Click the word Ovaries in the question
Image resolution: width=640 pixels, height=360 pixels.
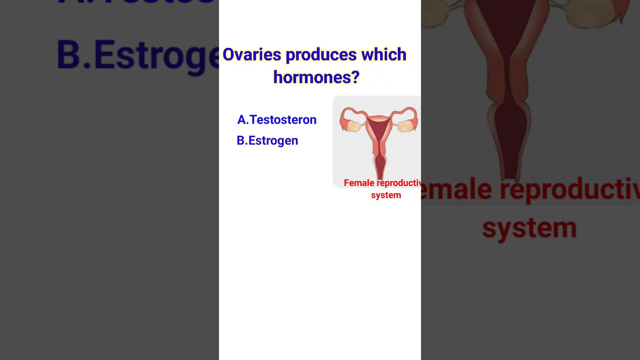[251, 54]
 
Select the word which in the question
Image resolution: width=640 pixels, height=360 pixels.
[384, 54]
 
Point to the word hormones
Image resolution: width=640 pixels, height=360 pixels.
[311, 77]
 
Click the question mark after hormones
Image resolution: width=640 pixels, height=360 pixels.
[355, 77]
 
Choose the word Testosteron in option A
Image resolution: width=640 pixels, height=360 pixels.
[283, 120]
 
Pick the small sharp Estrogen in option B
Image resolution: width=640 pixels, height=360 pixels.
[273, 140]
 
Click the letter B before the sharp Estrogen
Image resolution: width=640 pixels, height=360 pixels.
[241, 140]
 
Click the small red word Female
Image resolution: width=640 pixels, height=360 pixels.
[359, 183]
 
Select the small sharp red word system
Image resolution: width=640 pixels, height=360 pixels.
[386, 195]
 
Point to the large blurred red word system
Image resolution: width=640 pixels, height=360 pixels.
[529, 227]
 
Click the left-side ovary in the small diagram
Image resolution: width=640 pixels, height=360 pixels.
[353, 126]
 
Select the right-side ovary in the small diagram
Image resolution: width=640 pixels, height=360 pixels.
[407, 126]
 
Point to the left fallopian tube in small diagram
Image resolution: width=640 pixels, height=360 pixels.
[348, 112]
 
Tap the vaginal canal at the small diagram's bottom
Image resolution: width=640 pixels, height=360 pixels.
[380, 165]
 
